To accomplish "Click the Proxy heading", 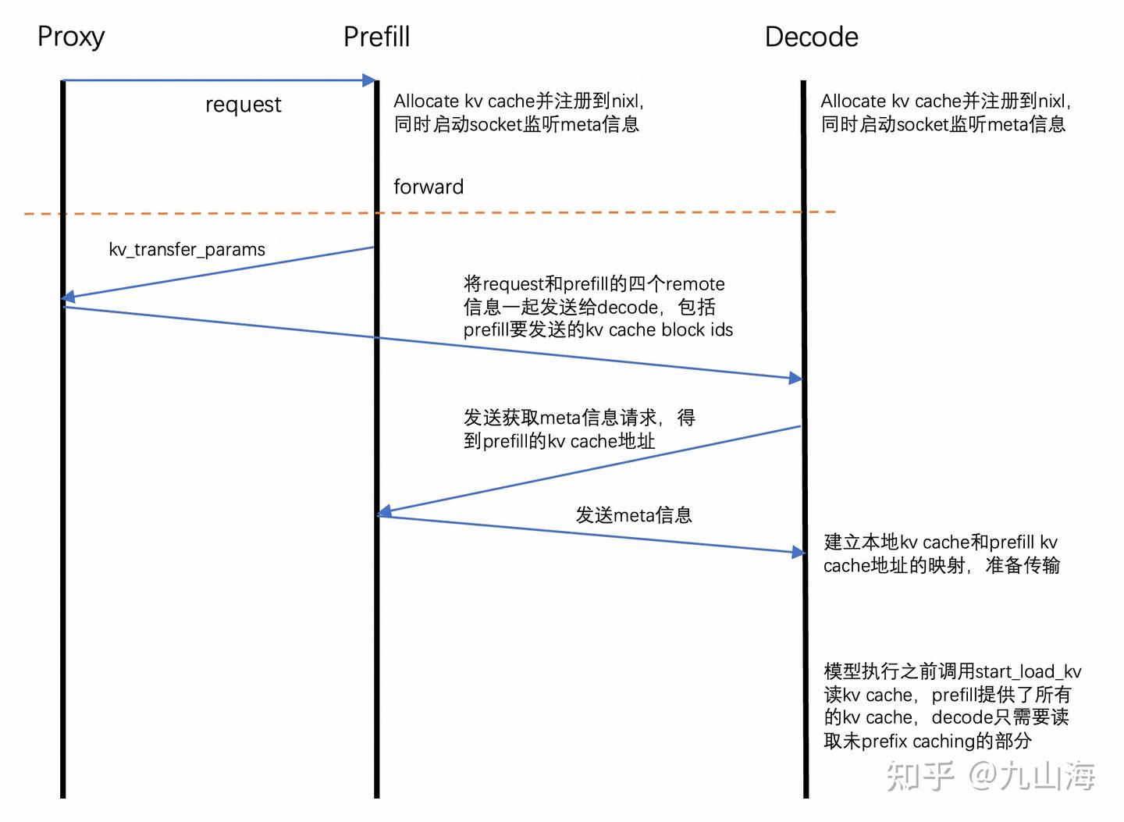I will (x=71, y=37).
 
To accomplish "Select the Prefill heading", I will (x=376, y=37).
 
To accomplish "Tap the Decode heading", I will (x=811, y=37).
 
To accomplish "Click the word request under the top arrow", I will (x=243, y=105).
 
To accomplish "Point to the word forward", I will (x=429, y=187).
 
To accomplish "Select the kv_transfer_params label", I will (x=187, y=250).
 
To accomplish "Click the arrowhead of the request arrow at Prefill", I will (x=368, y=80).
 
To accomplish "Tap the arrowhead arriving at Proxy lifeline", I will (x=69, y=297).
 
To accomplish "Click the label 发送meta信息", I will (x=634, y=515).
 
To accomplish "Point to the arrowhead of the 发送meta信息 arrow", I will (x=799, y=553).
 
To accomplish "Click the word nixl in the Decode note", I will (x=1052, y=101).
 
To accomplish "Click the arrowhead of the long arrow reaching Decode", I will (x=795, y=379).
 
